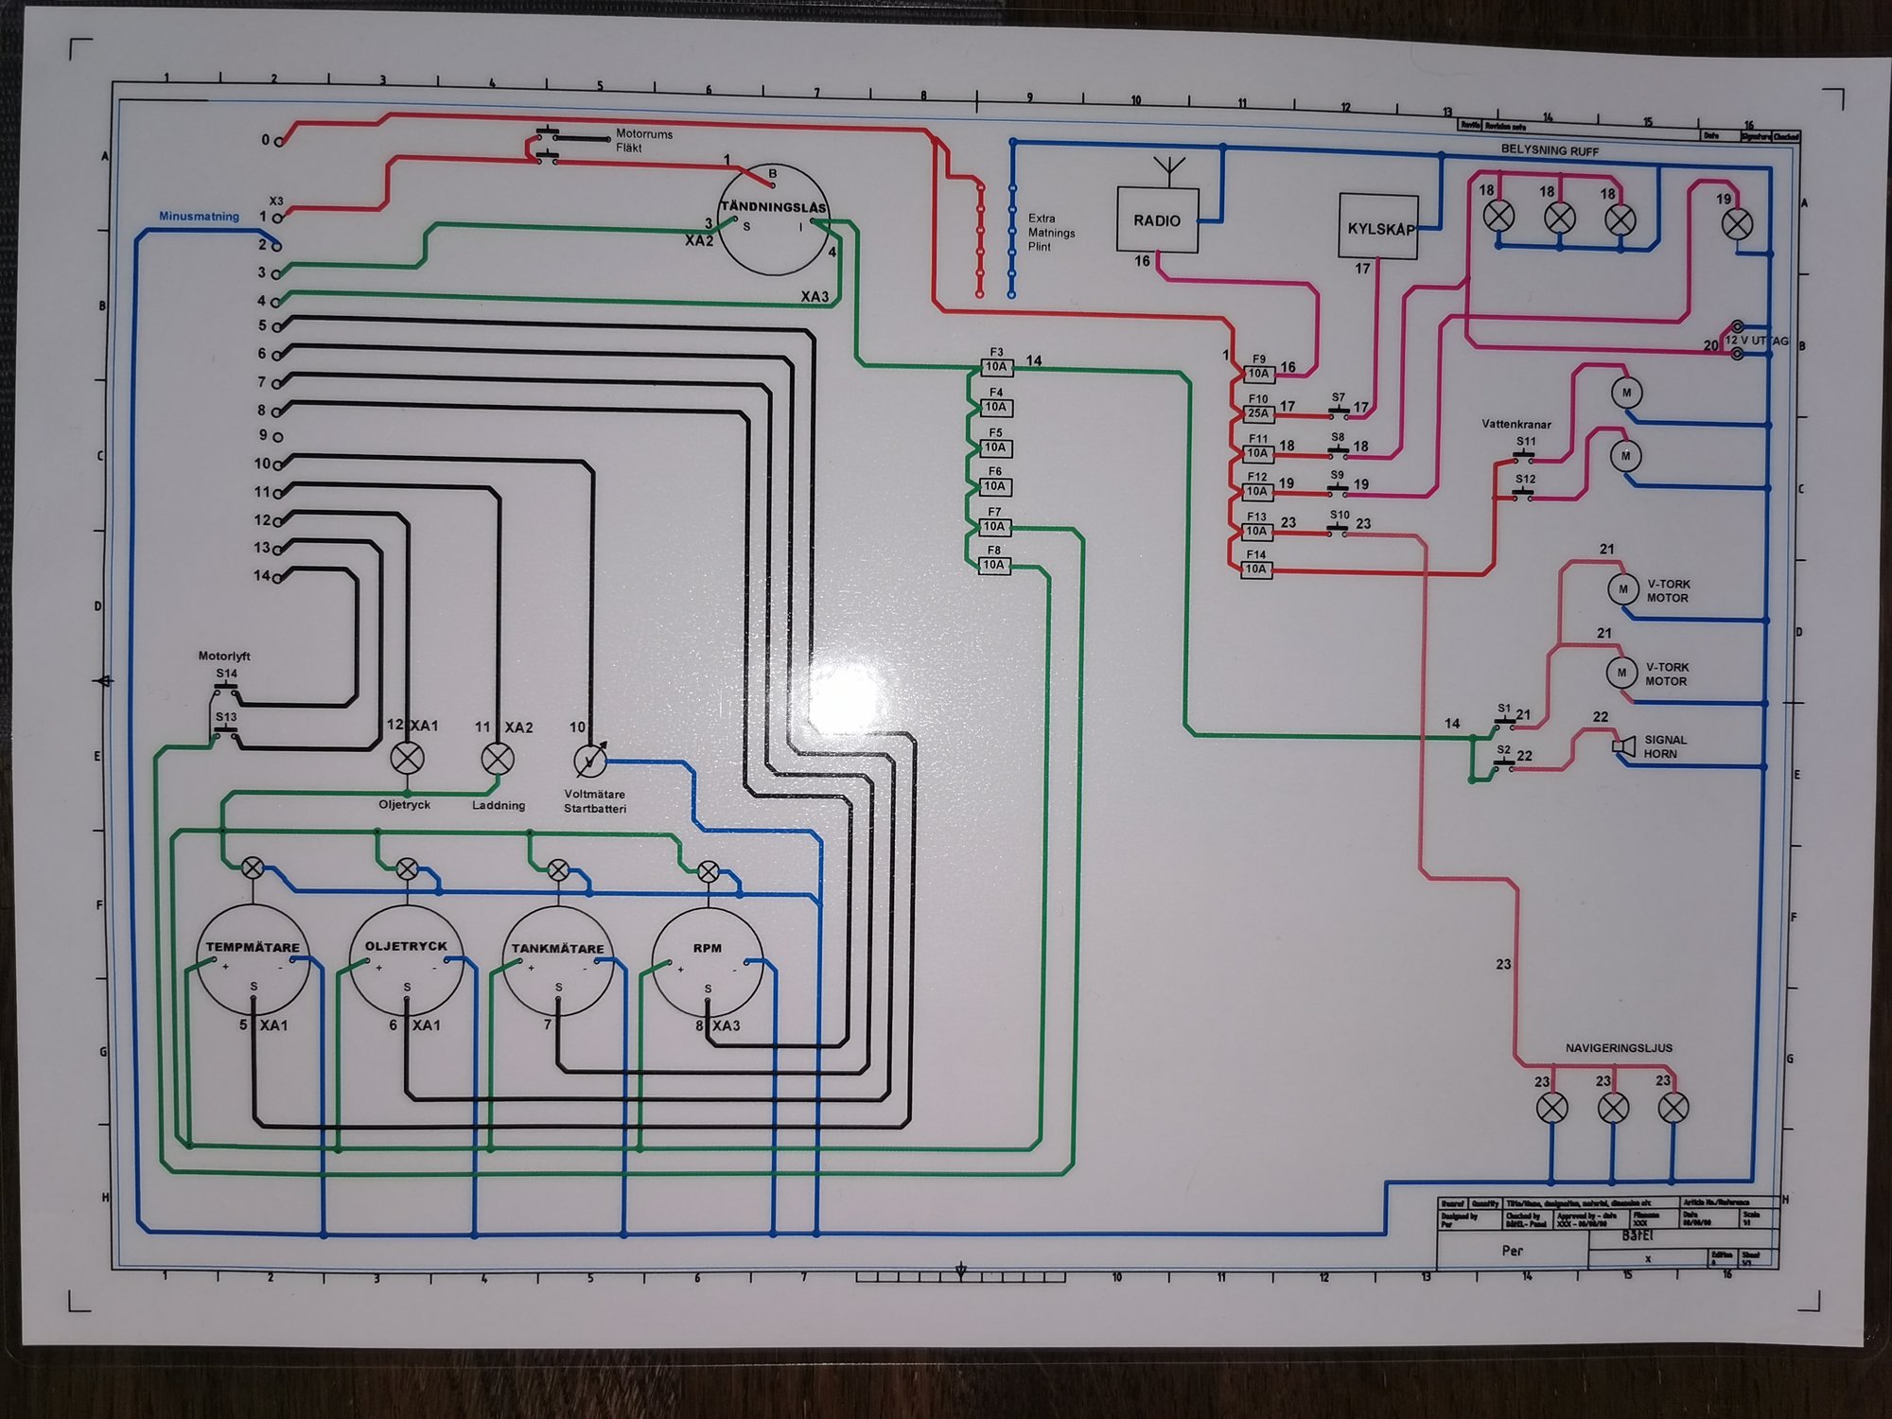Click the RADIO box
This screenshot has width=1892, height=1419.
[x=1157, y=219]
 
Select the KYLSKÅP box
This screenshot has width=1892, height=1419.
[x=1377, y=227]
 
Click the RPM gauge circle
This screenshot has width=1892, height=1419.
[x=708, y=962]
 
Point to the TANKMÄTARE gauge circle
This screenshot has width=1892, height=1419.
[x=558, y=961]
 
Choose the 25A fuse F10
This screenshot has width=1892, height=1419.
[x=1257, y=413]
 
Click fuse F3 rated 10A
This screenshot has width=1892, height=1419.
[x=995, y=367]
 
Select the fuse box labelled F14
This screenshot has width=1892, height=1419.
[x=1255, y=569]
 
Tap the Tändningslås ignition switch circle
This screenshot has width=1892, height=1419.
[x=773, y=219]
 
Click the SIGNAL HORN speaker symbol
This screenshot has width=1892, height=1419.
[x=1623, y=746]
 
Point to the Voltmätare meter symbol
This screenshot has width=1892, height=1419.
[x=589, y=760]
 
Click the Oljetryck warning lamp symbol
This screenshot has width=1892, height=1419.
[x=407, y=758]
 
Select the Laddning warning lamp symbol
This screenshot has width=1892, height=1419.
[x=498, y=758]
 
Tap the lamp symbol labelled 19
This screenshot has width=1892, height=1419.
[x=1736, y=224]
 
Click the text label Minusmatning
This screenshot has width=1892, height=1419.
[x=199, y=217]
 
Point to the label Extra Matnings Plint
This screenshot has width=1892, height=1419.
[x=1051, y=232]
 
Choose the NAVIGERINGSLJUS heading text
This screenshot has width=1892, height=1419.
[x=1619, y=1048]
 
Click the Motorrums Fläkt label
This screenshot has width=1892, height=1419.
[x=643, y=141]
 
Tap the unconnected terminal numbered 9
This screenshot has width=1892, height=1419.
[x=277, y=437]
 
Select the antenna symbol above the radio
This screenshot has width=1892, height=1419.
[x=1170, y=171]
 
